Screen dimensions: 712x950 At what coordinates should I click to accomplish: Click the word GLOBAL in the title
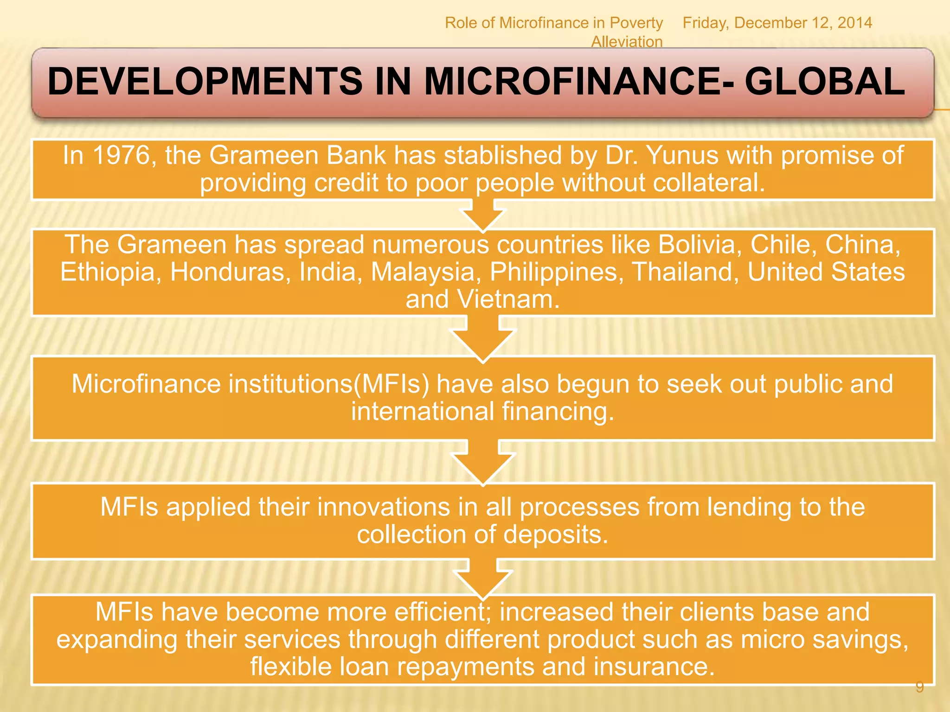(x=824, y=82)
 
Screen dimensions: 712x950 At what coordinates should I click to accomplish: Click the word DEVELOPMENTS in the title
(x=205, y=82)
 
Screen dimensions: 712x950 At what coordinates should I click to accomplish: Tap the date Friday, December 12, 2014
(x=777, y=23)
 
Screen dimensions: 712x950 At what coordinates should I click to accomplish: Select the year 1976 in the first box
(x=122, y=155)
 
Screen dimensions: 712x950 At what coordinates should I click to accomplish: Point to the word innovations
(x=384, y=507)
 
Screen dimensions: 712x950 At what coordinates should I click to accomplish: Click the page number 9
(x=920, y=687)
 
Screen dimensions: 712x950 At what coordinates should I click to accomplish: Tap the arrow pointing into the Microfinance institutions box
(x=482, y=338)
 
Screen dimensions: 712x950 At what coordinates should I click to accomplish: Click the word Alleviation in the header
(x=627, y=42)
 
